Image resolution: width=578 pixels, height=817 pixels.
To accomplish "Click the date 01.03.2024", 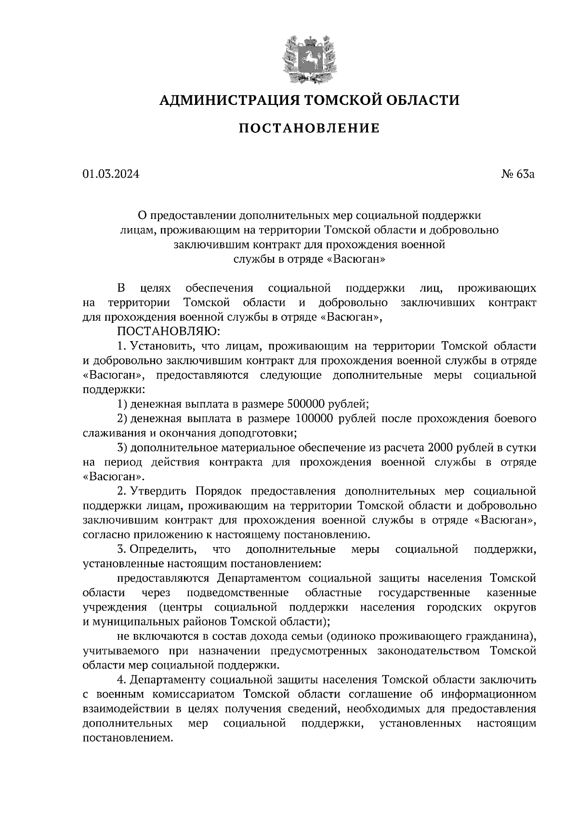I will coord(111,175).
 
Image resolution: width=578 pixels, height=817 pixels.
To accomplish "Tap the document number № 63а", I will coord(518,175).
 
